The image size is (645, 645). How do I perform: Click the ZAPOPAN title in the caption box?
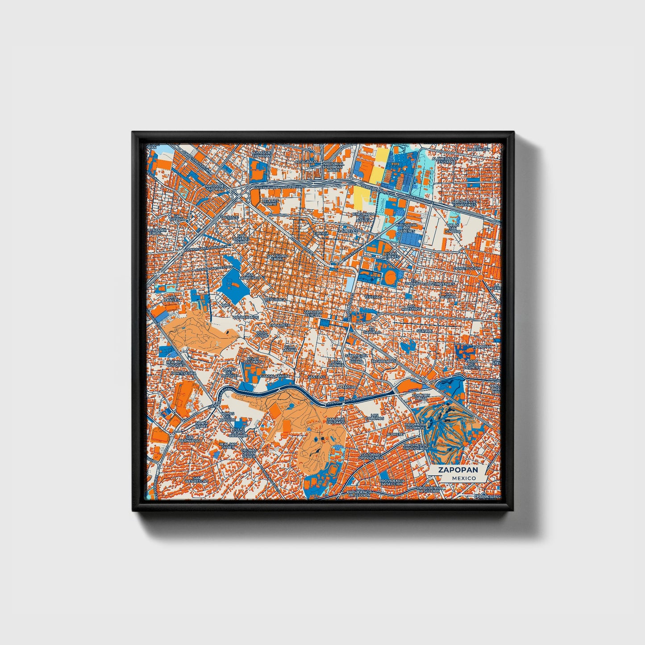tap(458, 470)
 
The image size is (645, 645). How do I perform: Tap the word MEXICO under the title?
tap(464, 478)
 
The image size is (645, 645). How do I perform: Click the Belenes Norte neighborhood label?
tap(270, 203)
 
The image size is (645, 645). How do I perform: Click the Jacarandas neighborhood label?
tap(383, 361)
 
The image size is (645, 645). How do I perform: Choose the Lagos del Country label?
tap(472, 365)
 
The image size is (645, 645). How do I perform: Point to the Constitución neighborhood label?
tap(467, 269)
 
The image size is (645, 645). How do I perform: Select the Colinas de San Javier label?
tap(248, 454)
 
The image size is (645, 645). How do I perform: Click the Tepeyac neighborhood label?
tap(373, 297)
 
